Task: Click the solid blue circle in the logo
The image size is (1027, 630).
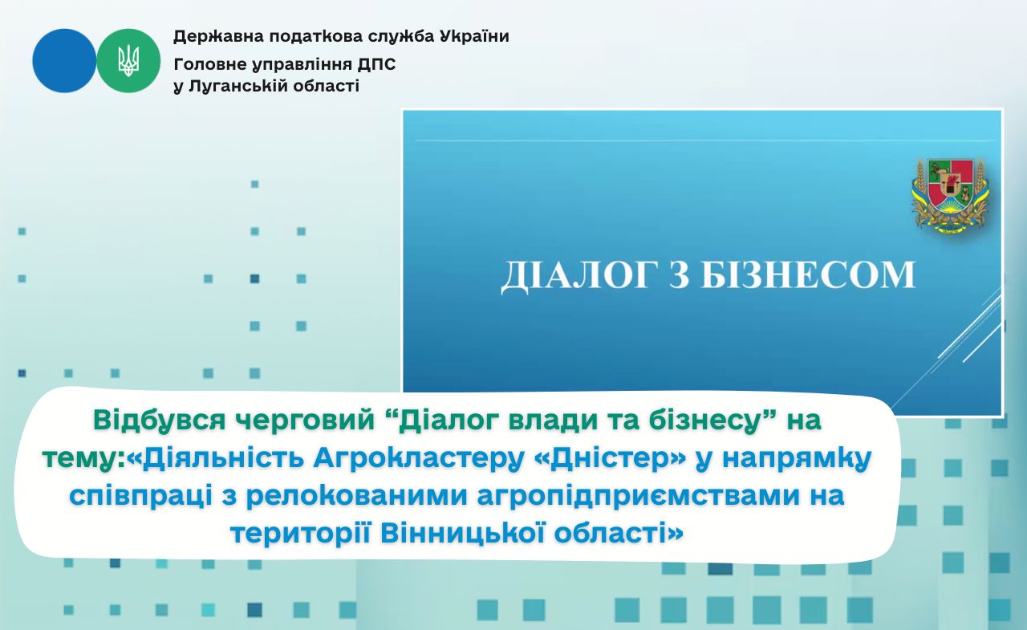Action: pos(64,60)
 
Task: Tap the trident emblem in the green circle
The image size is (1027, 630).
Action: pos(128,60)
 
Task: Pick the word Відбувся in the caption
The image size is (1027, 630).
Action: pos(160,421)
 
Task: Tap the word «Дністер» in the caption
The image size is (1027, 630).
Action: pos(611,458)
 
